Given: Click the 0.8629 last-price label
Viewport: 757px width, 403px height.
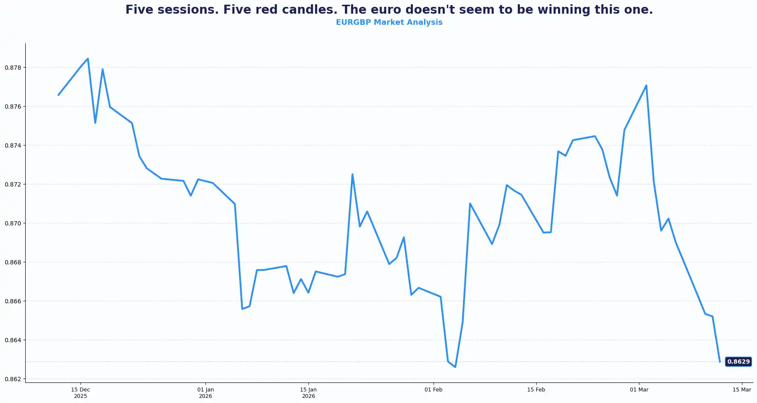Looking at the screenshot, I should point(738,362).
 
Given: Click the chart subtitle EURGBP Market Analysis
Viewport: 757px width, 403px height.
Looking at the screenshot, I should point(389,22).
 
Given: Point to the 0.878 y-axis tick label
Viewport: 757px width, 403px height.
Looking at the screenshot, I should point(13,68).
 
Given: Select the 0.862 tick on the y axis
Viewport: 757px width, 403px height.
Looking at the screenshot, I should point(13,379).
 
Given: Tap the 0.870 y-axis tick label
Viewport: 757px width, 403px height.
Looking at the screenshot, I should point(13,223).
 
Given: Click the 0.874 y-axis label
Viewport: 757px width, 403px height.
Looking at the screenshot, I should point(13,145).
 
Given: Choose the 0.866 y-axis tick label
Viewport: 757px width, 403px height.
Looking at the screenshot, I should point(13,301).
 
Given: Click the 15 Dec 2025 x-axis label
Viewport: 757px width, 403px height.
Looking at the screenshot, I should point(80,393).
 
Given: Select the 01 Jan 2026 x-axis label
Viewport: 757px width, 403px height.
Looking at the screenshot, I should point(205,393).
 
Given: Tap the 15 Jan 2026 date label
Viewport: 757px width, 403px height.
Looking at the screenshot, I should point(308,393).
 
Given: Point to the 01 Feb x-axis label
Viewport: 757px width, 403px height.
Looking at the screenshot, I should point(433,390).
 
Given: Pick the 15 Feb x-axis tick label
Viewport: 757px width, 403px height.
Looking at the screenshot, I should point(536,390).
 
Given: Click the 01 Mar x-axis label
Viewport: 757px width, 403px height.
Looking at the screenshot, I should point(639,390).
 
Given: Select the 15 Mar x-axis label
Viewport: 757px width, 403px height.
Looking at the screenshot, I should point(742,390).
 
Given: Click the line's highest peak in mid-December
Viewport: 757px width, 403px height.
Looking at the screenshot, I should point(88,59).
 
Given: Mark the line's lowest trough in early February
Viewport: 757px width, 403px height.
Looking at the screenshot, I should point(455,367).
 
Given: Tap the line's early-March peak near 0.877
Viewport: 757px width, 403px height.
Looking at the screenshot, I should point(646,85).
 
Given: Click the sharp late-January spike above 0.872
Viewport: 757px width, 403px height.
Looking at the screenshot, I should point(352,174).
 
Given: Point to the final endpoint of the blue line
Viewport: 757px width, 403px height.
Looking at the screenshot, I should point(720,362).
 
